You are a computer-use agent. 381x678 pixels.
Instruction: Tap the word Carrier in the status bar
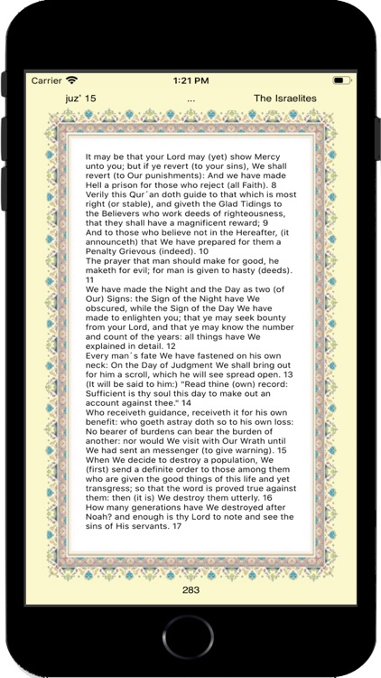(x=46, y=80)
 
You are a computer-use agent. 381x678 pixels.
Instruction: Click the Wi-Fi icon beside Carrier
(x=72, y=80)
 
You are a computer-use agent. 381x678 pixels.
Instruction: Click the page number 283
(x=190, y=589)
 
